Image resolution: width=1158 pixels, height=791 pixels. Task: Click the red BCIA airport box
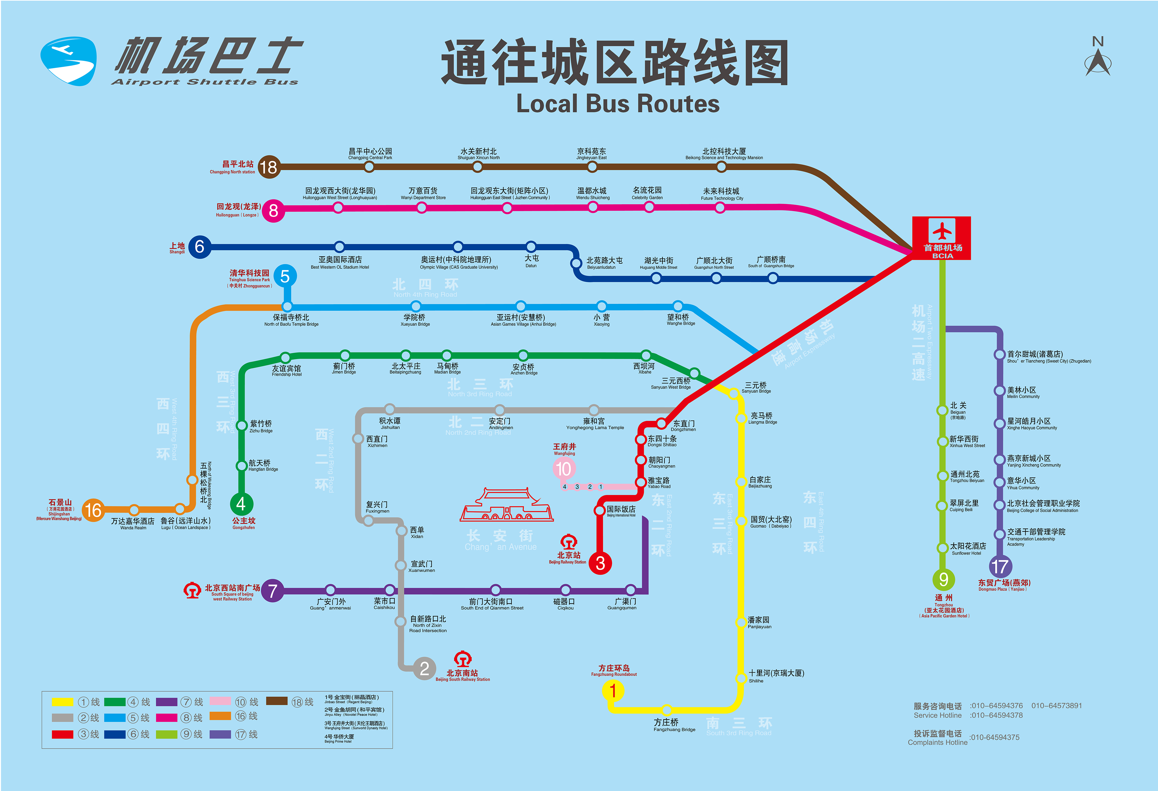pyautogui.click(x=941, y=238)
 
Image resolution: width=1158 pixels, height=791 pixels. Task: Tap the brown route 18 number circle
pyautogui.click(x=269, y=167)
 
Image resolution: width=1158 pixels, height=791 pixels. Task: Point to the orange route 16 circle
pyautogui.click(x=93, y=510)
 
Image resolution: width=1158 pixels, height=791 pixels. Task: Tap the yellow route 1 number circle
pyautogui.click(x=613, y=691)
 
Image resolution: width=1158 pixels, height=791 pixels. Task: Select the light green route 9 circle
pyautogui.click(x=943, y=579)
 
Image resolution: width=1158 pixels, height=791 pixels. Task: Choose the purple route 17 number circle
pyautogui.click(x=999, y=566)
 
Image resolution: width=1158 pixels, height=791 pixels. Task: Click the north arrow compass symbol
pyautogui.click(x=1098, y=57)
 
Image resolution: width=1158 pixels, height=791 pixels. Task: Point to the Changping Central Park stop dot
pyautogui.click(x=369, y=167)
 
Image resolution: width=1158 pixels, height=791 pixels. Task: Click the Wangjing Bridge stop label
pyautogui.click(x=680, y=319)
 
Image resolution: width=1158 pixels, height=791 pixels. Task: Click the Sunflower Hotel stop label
pyautogui.click(x=967, y=548)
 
